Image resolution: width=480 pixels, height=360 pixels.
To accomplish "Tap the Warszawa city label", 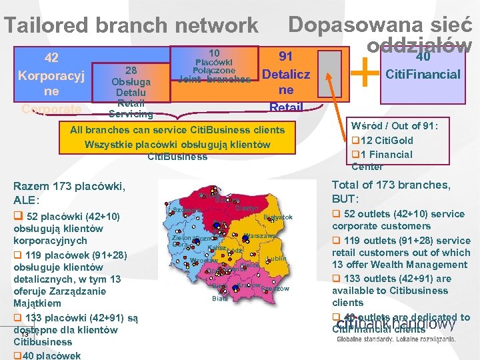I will [x=261, y=236].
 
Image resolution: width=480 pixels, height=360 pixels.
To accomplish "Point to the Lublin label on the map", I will [x=276, y=259].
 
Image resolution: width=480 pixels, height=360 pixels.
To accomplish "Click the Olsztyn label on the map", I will [x=247, y=208].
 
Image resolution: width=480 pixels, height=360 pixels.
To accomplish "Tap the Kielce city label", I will [x=250, y=265].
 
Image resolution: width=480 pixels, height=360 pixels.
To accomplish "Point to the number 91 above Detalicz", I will [x=286, y=57].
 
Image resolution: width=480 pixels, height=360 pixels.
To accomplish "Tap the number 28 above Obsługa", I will [x=131, y=70].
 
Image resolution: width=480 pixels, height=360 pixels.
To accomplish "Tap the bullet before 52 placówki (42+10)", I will [x=17, y=215].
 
